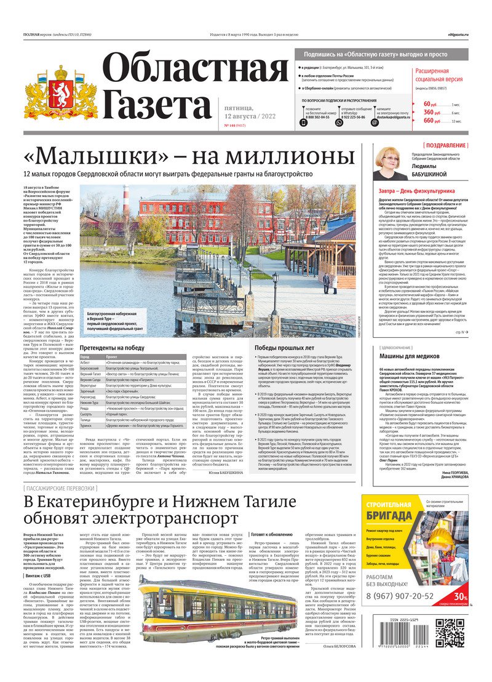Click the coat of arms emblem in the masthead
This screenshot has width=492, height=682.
tap(60, 92)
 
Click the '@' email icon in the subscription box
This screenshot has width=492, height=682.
tap(358, 122)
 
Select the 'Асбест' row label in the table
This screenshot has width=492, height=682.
tap(87, 363)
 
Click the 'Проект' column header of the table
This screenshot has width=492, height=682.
tap(112, 356)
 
